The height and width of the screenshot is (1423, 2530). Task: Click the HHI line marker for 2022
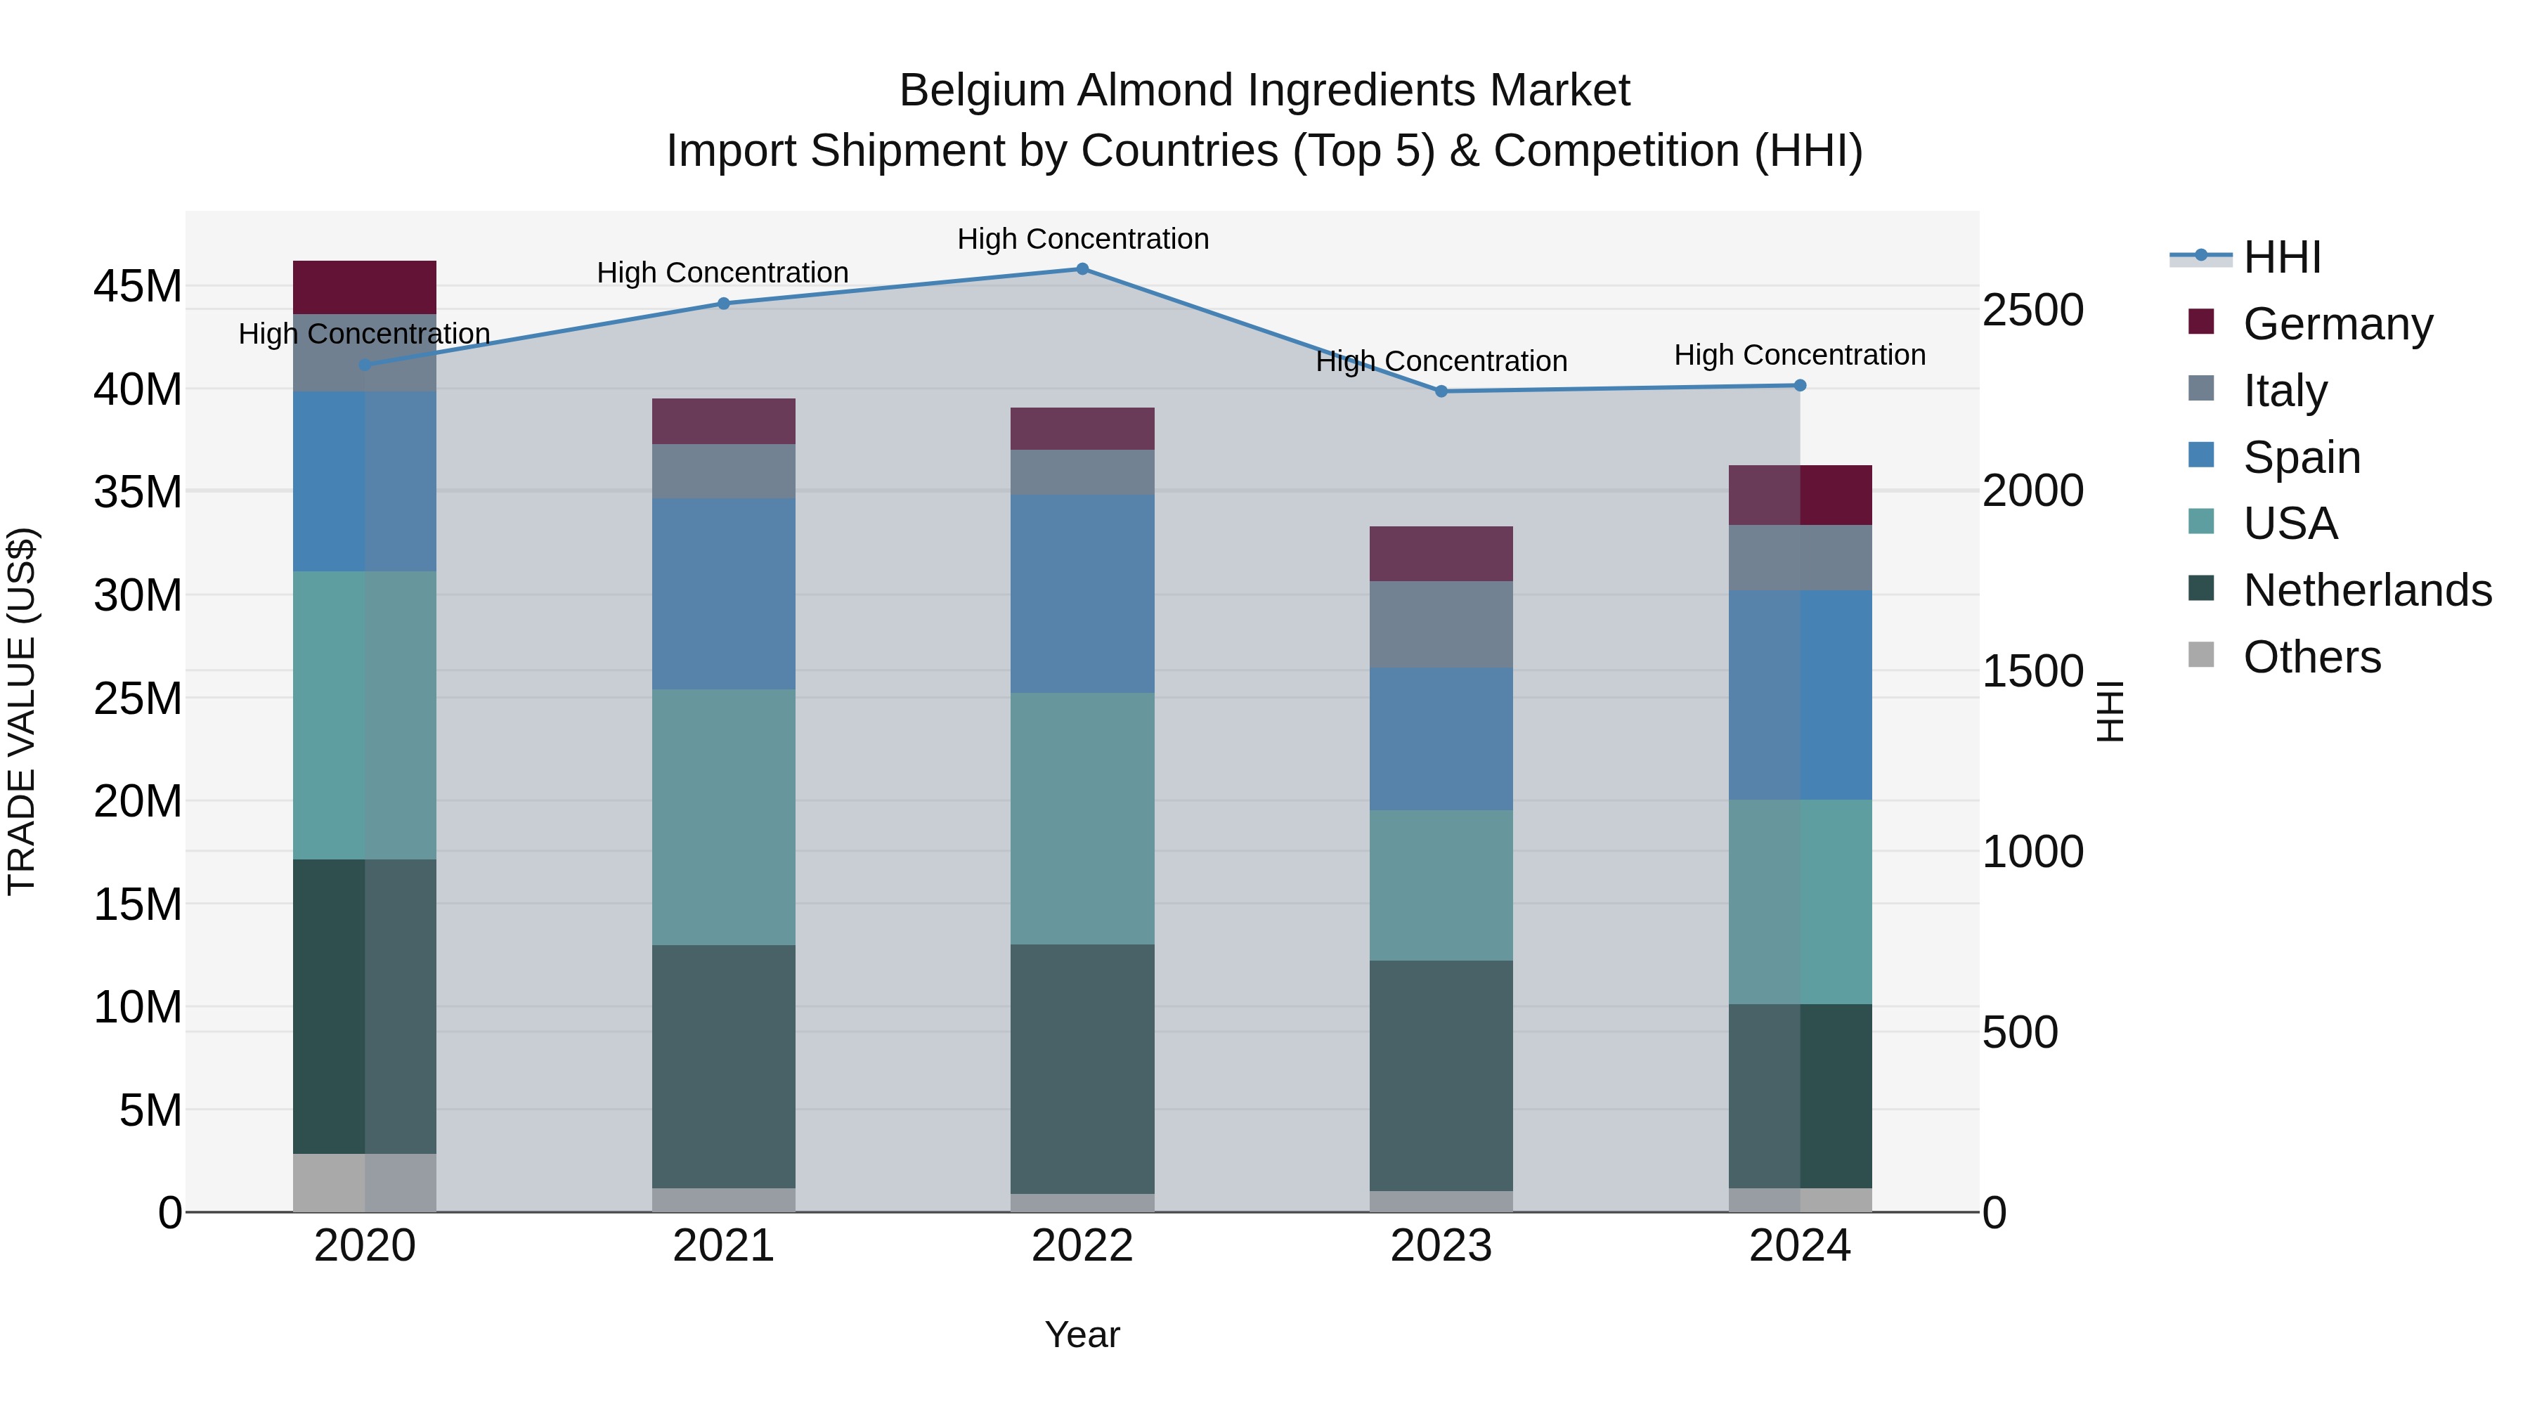pos(1082,269)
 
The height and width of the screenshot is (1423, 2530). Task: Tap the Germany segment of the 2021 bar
pos(724,422)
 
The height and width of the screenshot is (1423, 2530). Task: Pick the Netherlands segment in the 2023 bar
pos(1441,1075)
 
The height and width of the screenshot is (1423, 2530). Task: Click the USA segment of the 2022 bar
pos(1082,819)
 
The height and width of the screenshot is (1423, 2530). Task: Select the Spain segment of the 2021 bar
pos(724,594)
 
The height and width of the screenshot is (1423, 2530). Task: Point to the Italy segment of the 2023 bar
pos(1441,625)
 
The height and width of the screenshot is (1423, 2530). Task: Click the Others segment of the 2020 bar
pos(364,1183)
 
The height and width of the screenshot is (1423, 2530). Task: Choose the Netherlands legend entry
pos(2367,591)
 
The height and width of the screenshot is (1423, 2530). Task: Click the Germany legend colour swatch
pos(2201,322)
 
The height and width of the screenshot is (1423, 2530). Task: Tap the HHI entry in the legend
pos(2281,257)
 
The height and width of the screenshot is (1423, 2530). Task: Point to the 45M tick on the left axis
pos(138,287)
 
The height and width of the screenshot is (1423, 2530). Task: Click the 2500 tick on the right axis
pos(2032,311)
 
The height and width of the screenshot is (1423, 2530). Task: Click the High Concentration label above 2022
pos(1082,240)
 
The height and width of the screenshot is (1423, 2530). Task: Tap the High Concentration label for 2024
pos(1799,356)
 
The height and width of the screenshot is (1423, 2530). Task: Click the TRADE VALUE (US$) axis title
pos(22,711)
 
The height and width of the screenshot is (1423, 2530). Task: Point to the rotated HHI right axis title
pos(2110,711)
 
